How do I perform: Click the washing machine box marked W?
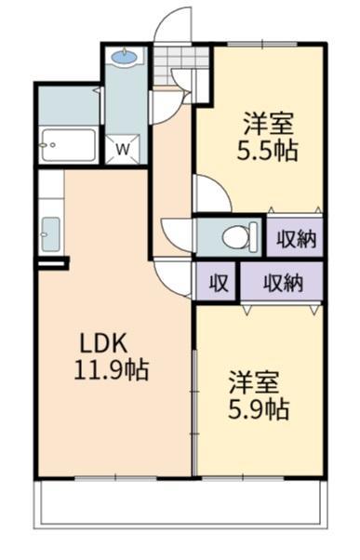coord(122,147)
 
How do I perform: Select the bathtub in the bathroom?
coord(68,145)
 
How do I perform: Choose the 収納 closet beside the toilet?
coord(296,238)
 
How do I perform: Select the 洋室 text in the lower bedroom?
coord(251,381)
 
